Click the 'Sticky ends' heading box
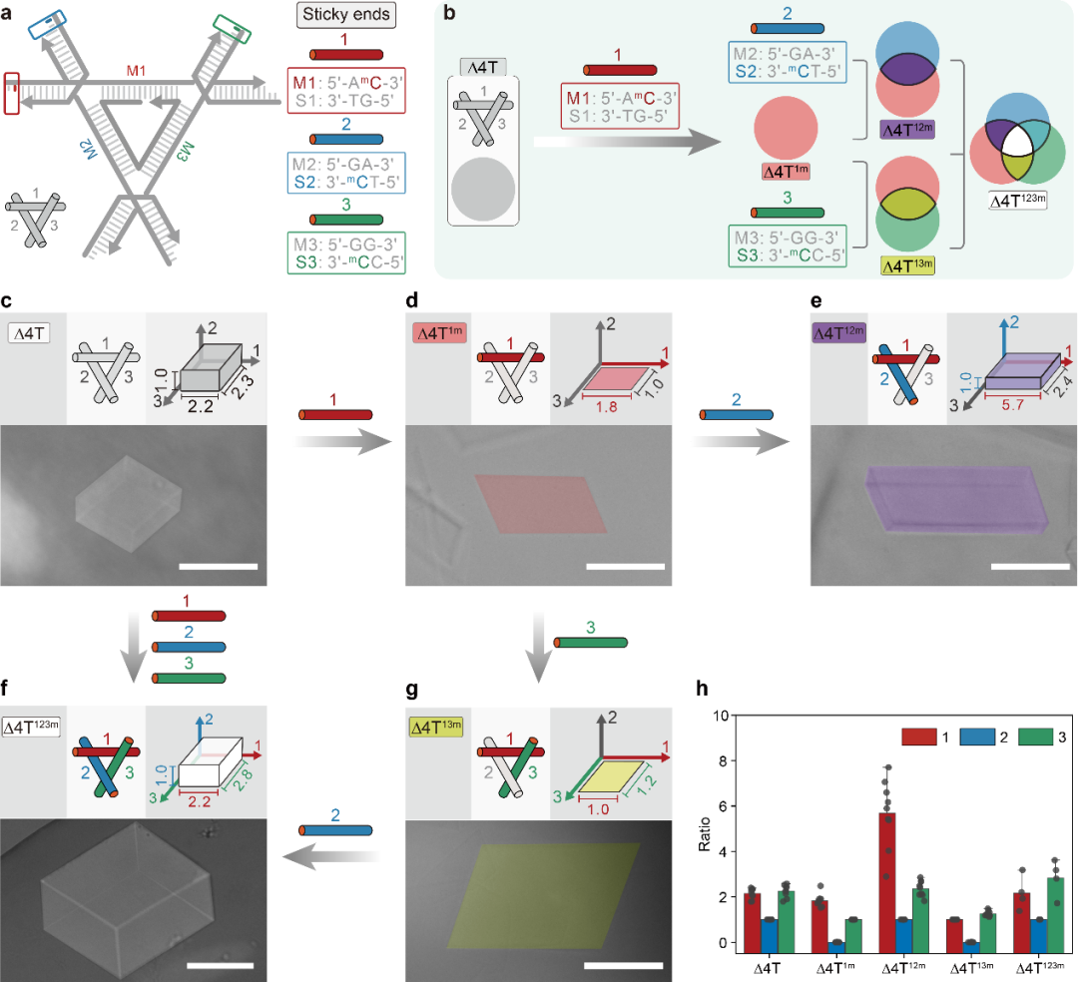click(345, 16)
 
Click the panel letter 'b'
click(448, 13)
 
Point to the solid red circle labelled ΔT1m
click(786, 130)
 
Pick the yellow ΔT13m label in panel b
click(906, 266)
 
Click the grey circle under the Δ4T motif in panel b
click(483, 191)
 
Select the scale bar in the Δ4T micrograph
click(219, 567)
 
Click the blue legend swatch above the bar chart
click(977, 736)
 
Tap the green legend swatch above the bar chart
click(1036, 736)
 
